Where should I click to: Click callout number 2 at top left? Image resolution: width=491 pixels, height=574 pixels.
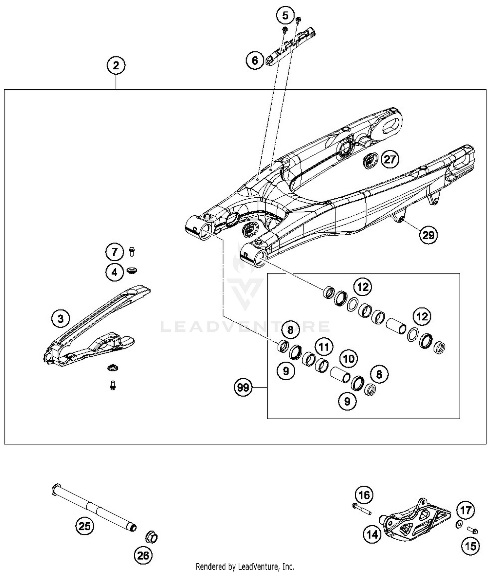[116, 65]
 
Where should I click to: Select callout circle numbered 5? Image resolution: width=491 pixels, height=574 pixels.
[285, 15]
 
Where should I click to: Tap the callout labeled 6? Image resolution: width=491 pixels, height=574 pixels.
[255, 60]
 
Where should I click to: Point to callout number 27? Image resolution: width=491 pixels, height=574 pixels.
[390, 160]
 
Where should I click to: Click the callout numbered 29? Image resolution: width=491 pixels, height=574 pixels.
[428, 235]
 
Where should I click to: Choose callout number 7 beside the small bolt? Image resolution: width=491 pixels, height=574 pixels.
[115, 252]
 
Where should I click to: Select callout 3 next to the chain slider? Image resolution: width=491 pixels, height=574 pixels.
[61, 318]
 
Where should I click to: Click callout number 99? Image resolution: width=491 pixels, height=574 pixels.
[243, 388]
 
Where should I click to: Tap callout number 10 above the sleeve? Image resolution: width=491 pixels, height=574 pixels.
[349, 359]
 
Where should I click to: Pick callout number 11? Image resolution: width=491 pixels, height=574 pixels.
[324, 347]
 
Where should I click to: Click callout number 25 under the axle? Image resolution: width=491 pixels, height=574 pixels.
[84, 526]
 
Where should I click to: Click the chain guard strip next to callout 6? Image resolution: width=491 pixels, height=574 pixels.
[291, 47]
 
